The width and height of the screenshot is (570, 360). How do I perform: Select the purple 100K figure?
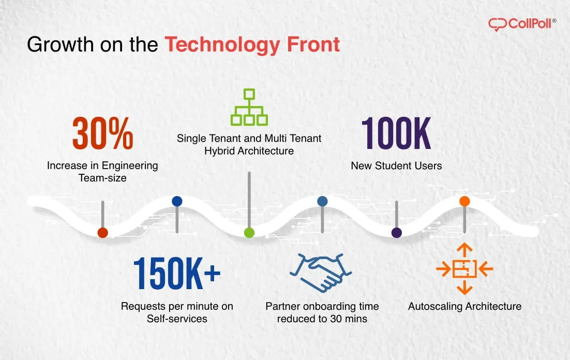pos(396,134)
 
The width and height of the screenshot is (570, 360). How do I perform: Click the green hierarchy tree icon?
pos(249,107)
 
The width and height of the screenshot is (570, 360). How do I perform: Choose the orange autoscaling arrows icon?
pos(464,269)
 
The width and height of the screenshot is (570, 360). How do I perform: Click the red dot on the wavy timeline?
pos(102,233)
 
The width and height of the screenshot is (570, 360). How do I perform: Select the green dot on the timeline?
pos(249,233)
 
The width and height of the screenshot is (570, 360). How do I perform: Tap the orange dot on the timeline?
pos(464,201)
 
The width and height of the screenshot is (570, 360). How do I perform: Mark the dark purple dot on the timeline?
pos(397,233)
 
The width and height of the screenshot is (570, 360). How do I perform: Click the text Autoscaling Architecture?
pos(464,306)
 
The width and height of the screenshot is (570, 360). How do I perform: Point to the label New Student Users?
pos(396,166)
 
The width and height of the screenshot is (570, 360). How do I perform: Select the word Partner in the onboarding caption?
pos(282,306)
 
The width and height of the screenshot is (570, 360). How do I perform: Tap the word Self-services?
pos(177,319)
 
